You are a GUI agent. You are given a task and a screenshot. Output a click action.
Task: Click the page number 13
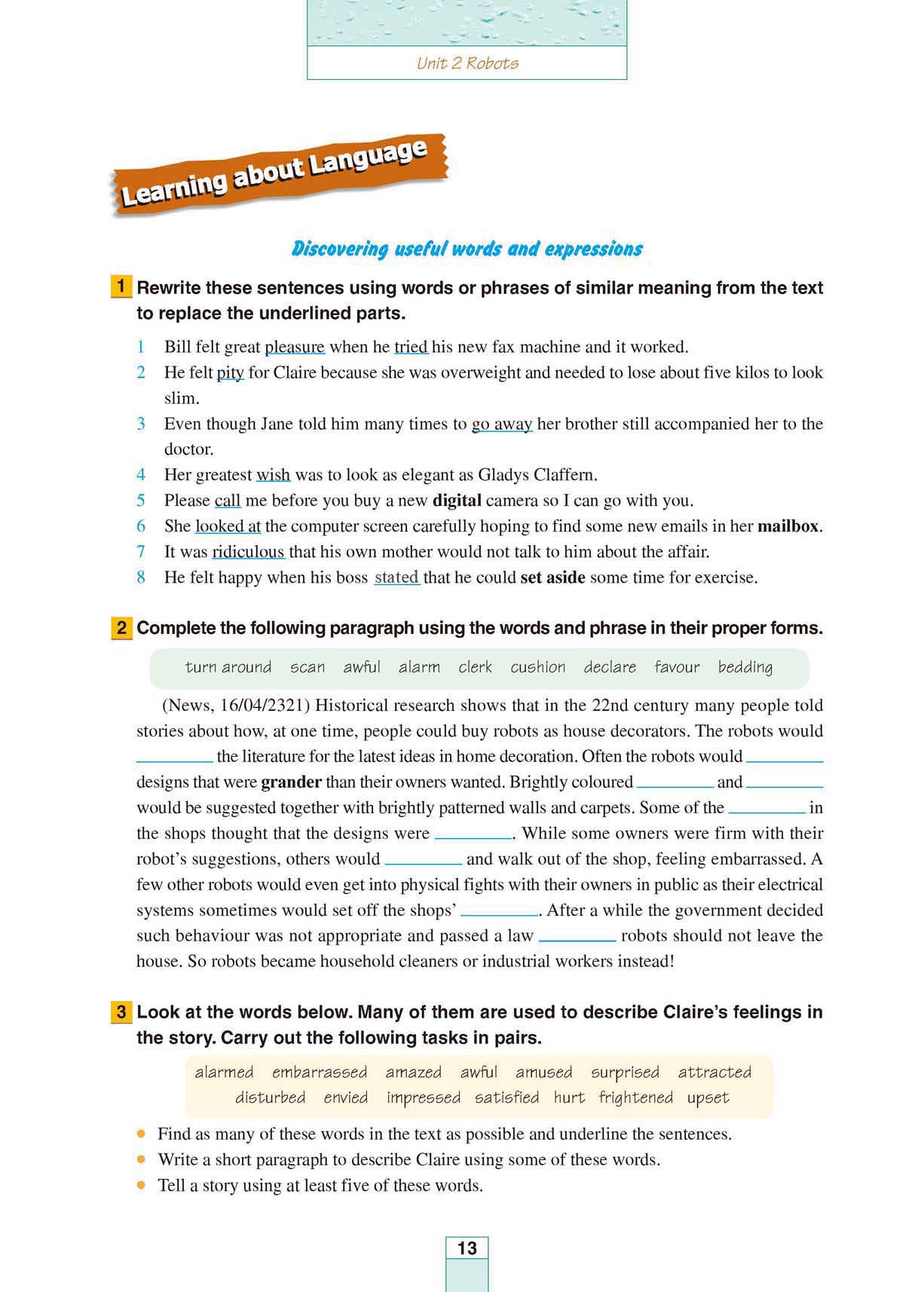click(467, 1248)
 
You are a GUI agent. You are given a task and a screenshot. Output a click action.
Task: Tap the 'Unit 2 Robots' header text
click(467, 63)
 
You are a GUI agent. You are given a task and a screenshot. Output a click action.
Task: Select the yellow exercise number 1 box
click(121, 287)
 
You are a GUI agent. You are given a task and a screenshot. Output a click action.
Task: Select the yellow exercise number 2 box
click(121, 628)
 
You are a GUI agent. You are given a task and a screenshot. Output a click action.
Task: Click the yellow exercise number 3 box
click(121, 1012)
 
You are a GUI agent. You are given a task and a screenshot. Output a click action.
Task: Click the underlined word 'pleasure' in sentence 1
click(295, 347)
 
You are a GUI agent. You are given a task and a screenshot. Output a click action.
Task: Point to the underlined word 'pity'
click(230, 372)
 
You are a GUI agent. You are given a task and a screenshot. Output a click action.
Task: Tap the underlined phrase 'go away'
click(502, 424)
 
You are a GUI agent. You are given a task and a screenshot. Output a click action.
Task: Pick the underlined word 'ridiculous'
click(248, 552)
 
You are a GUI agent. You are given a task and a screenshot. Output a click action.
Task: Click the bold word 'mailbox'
click(788, 526)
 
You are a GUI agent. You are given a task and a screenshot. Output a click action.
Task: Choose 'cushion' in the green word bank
click(537, 667)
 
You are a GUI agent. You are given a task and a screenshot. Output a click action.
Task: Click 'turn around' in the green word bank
click(228, 667)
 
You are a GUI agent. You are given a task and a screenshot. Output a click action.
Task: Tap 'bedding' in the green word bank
click(745, 667)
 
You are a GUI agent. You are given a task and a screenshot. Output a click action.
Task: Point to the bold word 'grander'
click(291, 782)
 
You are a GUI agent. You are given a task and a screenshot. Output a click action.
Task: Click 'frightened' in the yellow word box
click(635, 1098)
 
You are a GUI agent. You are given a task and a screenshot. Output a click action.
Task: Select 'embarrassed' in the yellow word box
click(320, 1072)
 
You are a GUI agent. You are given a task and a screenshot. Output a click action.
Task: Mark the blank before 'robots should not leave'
click(577, 937)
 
